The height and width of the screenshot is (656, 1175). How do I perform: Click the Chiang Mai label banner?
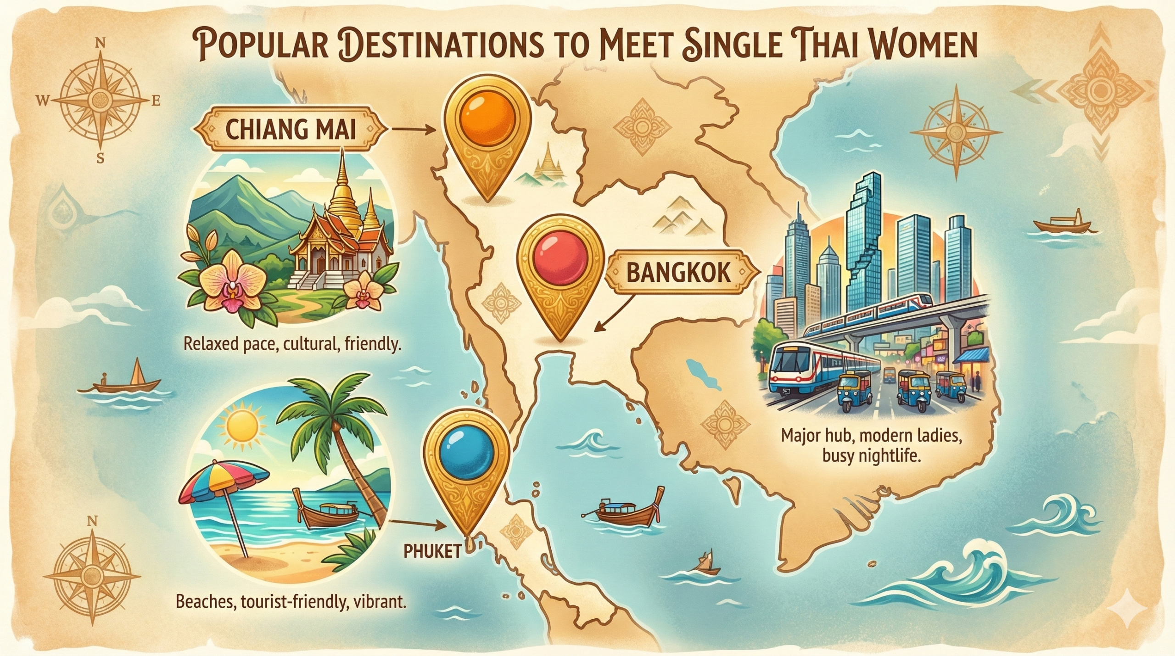[x=291, y=130]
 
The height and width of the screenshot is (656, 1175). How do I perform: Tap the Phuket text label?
[x=432, y=552]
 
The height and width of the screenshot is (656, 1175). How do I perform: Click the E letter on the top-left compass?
[x=156, y=102]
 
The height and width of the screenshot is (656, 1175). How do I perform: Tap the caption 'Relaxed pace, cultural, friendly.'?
[x=292, y=344]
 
